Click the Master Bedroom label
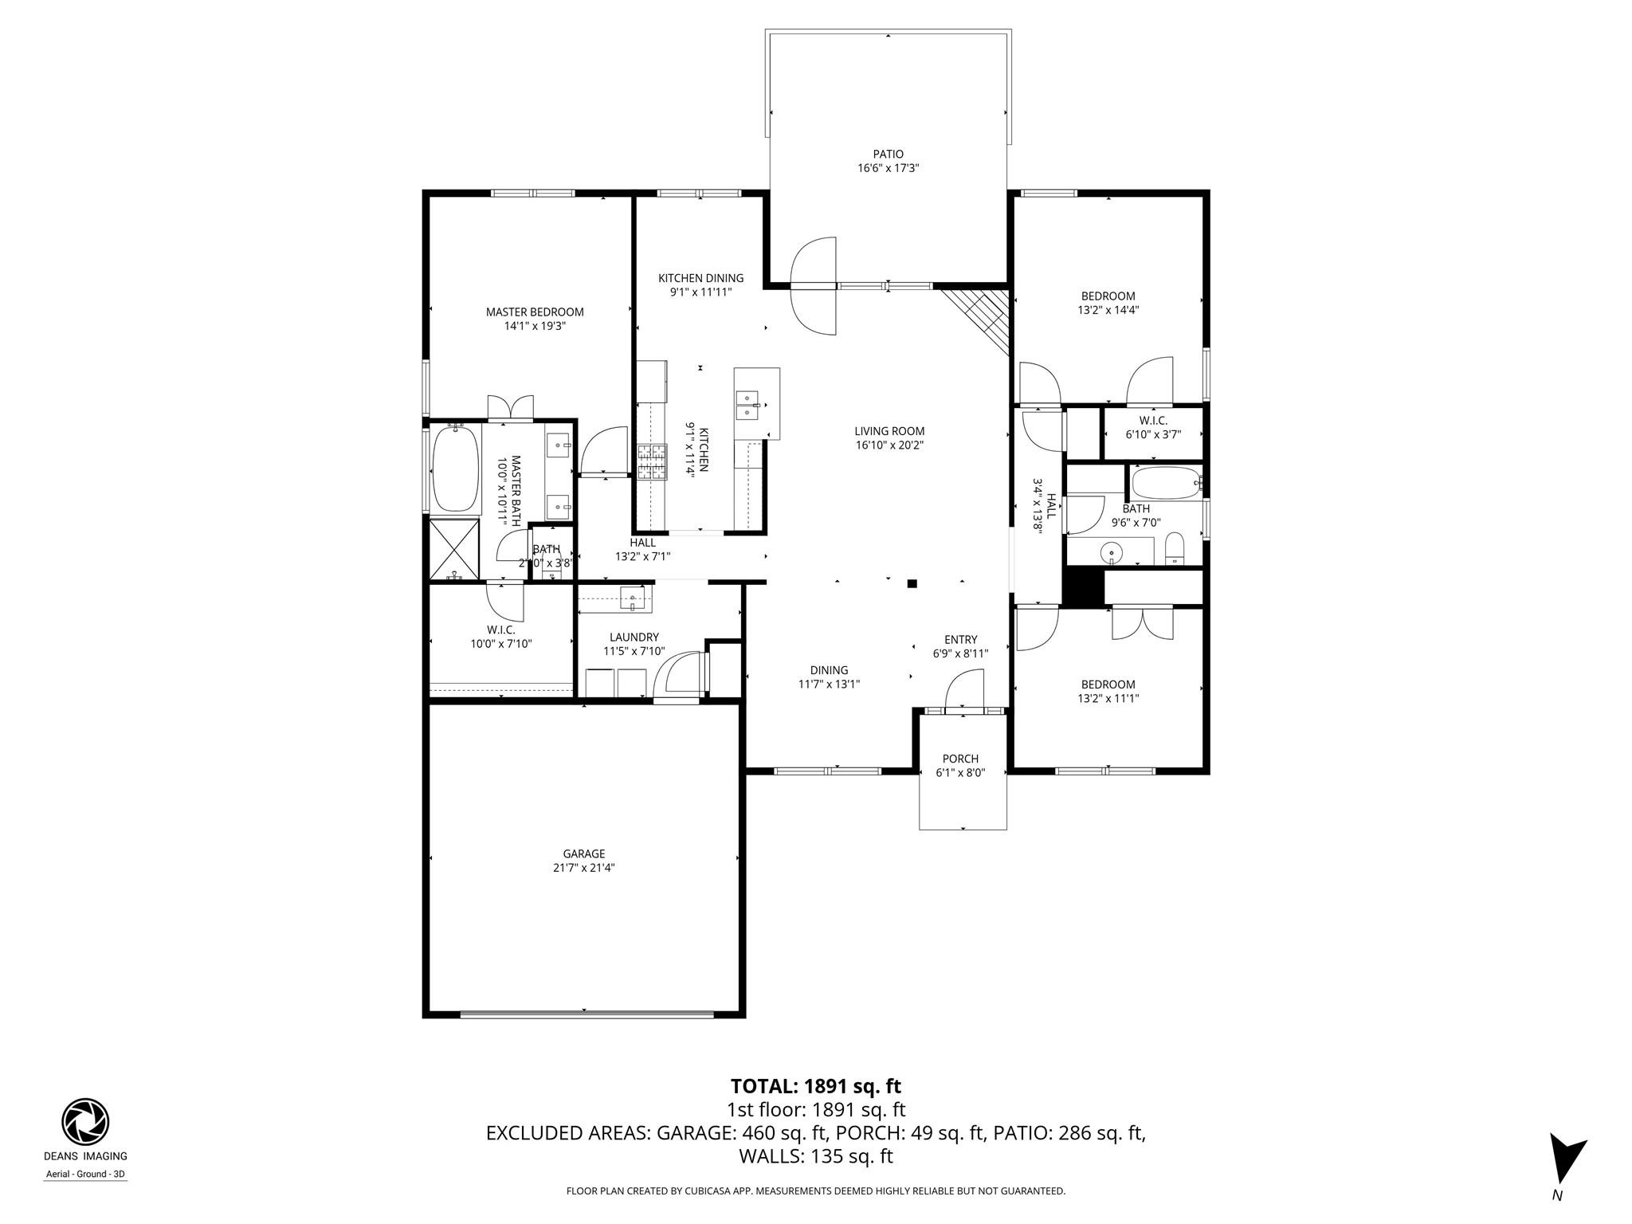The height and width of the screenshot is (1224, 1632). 535,312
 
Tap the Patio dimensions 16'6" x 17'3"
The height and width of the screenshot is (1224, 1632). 888,168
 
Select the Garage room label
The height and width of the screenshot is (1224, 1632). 583,853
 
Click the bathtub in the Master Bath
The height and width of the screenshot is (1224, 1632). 456,468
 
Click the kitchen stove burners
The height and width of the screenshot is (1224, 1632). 651,463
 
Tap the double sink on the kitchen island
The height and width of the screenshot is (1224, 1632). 747,404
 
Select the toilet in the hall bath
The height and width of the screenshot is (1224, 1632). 1175,548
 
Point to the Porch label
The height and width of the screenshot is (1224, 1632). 960,759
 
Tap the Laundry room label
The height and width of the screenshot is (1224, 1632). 634,637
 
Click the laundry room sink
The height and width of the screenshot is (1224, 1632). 634,598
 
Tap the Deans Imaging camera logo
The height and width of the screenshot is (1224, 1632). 85,1121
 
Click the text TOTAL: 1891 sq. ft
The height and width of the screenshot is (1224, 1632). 815,1086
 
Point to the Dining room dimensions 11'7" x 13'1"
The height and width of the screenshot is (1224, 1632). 829,684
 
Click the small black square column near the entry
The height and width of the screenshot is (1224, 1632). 912,584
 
